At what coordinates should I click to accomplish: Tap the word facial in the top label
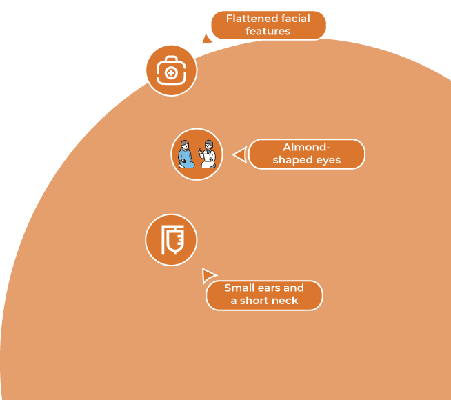[296, 19]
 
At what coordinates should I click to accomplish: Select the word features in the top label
[268, 31]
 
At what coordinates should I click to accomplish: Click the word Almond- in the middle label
[307, 147]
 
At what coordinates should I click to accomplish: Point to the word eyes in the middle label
[328, 161]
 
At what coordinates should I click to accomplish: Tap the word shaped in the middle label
[293, 160]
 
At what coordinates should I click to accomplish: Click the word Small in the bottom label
[238, 288]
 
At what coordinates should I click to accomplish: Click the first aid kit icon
[172, 70]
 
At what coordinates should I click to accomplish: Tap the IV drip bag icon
[172, 240]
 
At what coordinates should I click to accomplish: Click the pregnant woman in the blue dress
[186, 154]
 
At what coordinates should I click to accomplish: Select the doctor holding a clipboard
[208, 154]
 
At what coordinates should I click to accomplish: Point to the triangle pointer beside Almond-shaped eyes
[240, 154]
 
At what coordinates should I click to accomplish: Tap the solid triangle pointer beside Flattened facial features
[206, 39]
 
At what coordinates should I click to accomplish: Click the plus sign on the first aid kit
[171, 73]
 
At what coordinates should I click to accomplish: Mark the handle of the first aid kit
[172, 59]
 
